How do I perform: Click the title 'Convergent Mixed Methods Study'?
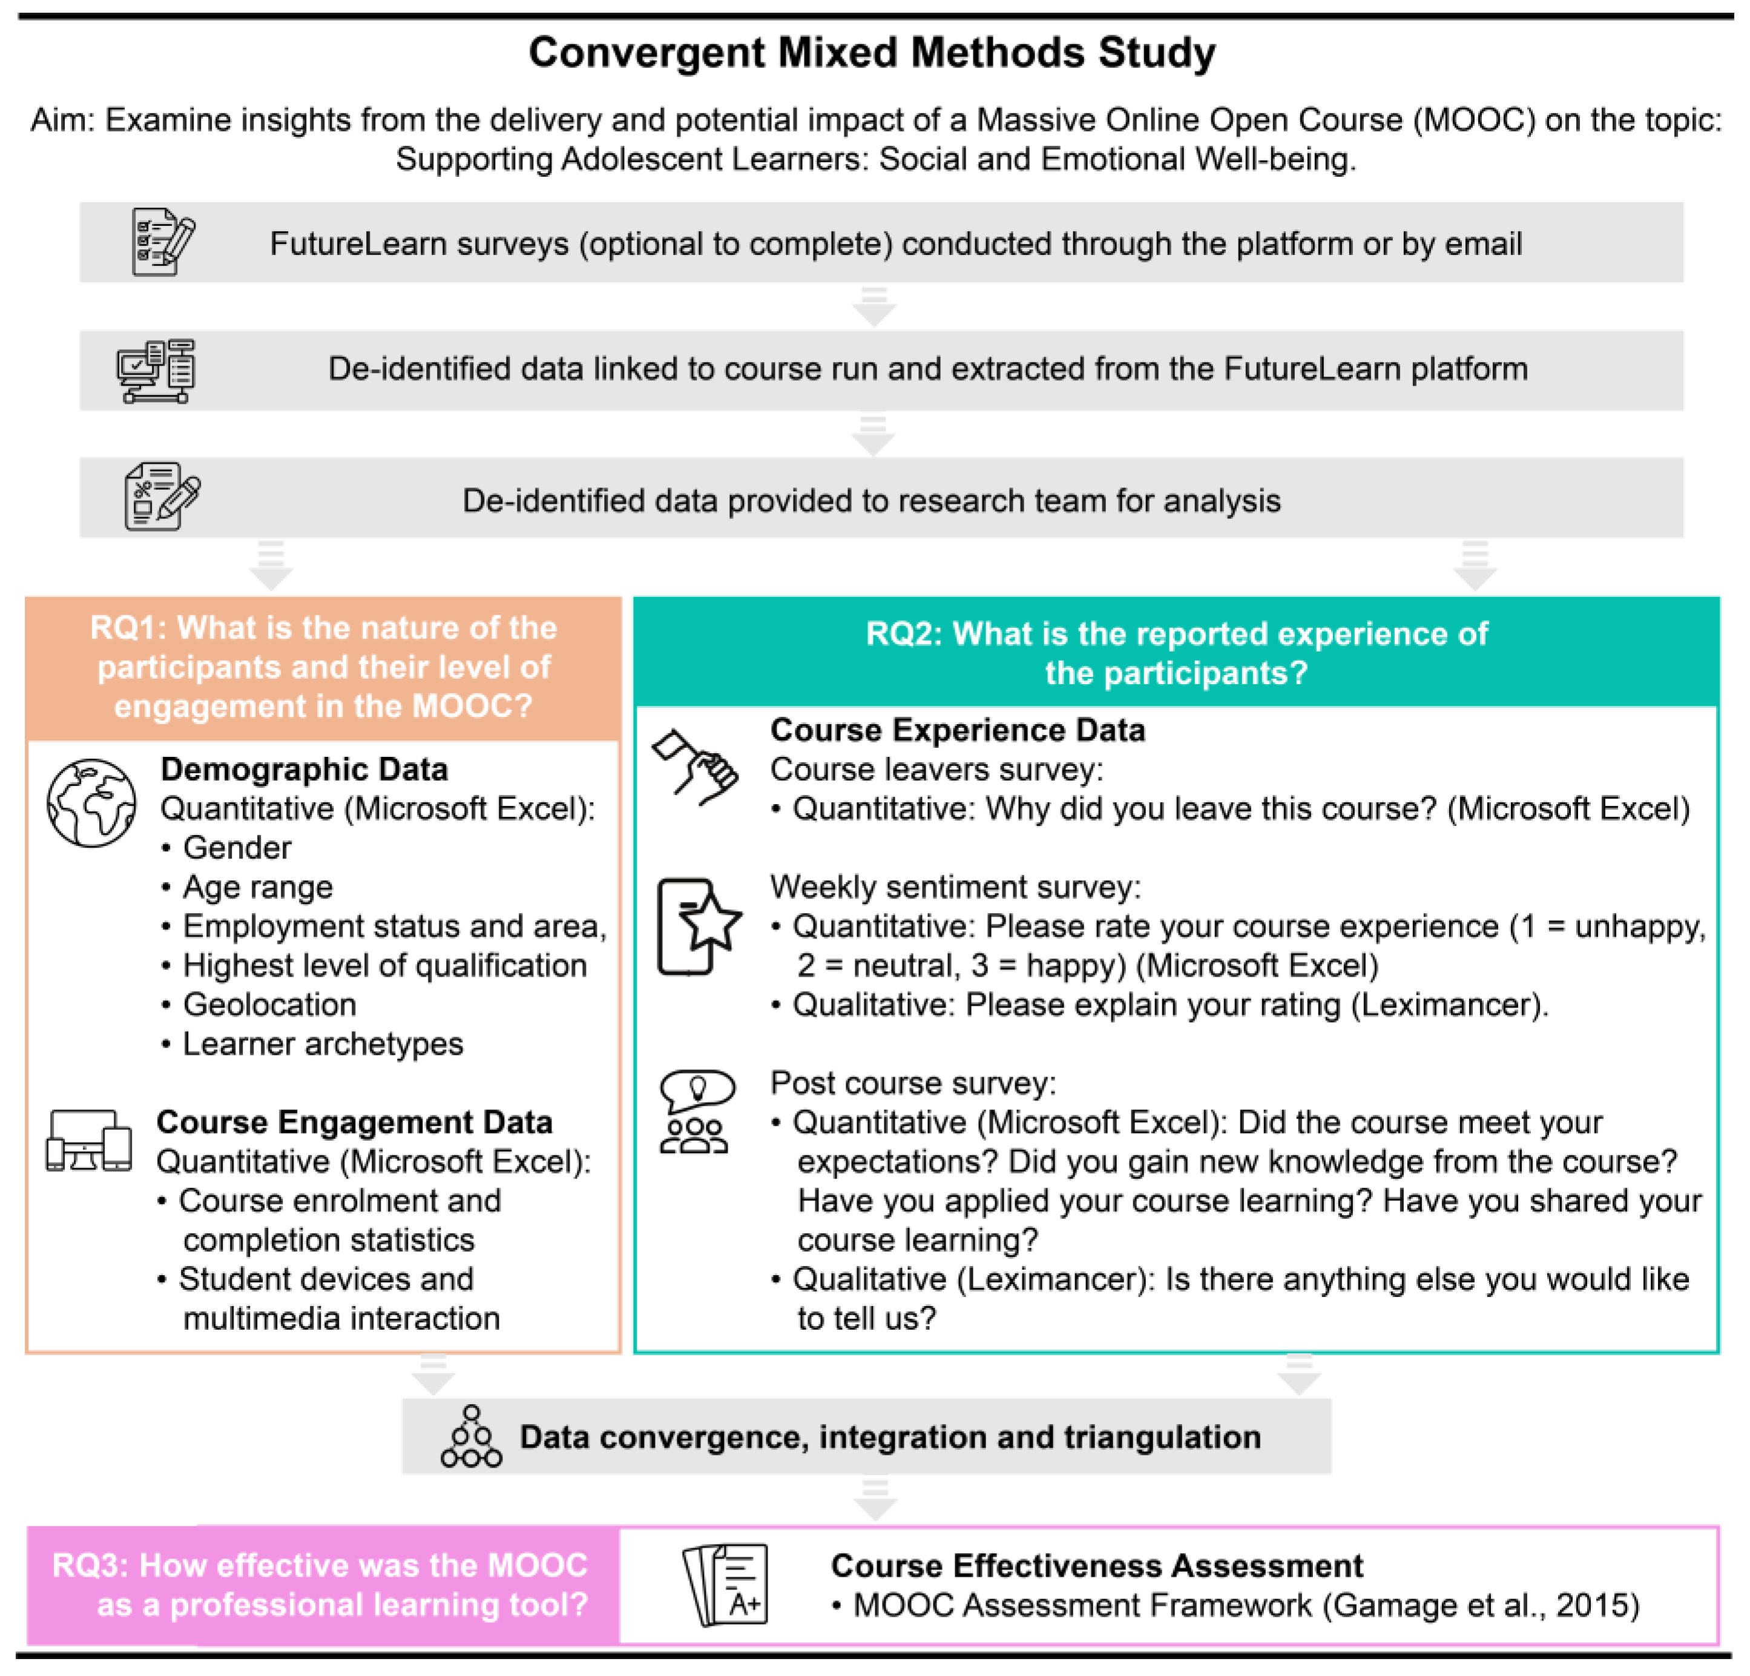click(872, 52)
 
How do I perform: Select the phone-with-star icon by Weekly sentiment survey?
click(698, 926)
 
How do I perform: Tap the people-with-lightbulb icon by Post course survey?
click(696, 1112)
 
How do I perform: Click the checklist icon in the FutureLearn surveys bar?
click(162, 242)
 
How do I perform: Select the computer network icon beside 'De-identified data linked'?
click(156, 371)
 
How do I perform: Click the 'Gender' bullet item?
click(237, 847)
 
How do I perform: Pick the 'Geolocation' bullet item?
click(269, 1005)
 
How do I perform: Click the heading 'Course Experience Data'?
click(957, 730)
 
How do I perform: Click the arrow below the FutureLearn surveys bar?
click(873, 306)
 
